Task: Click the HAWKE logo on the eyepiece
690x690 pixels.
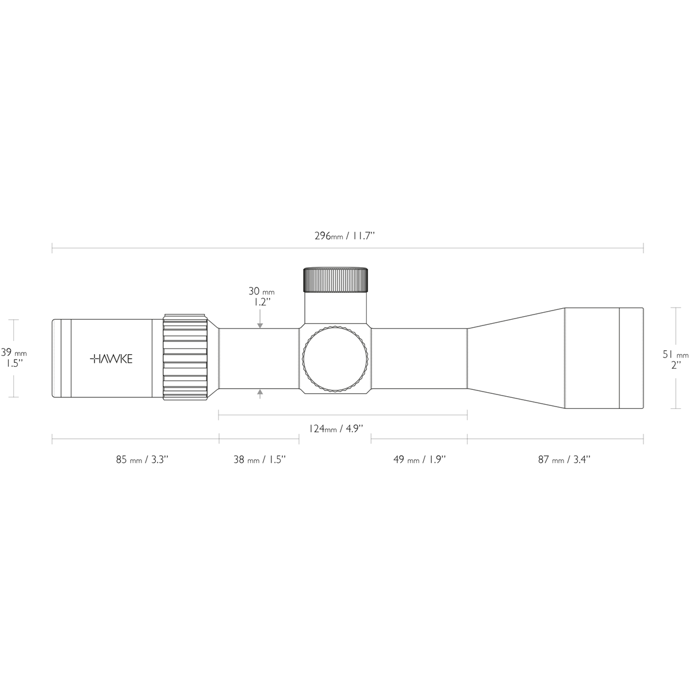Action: [x=112, y=359]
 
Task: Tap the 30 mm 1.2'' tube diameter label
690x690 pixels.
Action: [x=260, y=296]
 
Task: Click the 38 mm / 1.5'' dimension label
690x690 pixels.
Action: [x=259, y=459]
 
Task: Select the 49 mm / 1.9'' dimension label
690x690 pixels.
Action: [x=419, y=459]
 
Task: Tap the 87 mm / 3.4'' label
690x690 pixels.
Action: [x=564, y=459]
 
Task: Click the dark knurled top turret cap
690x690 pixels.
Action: [x=336, y=280]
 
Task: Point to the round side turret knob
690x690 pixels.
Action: [x=336, y=359]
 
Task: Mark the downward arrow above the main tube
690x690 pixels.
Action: [x=260, y=324]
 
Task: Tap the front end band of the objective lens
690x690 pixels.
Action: [x=631, y=359]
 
